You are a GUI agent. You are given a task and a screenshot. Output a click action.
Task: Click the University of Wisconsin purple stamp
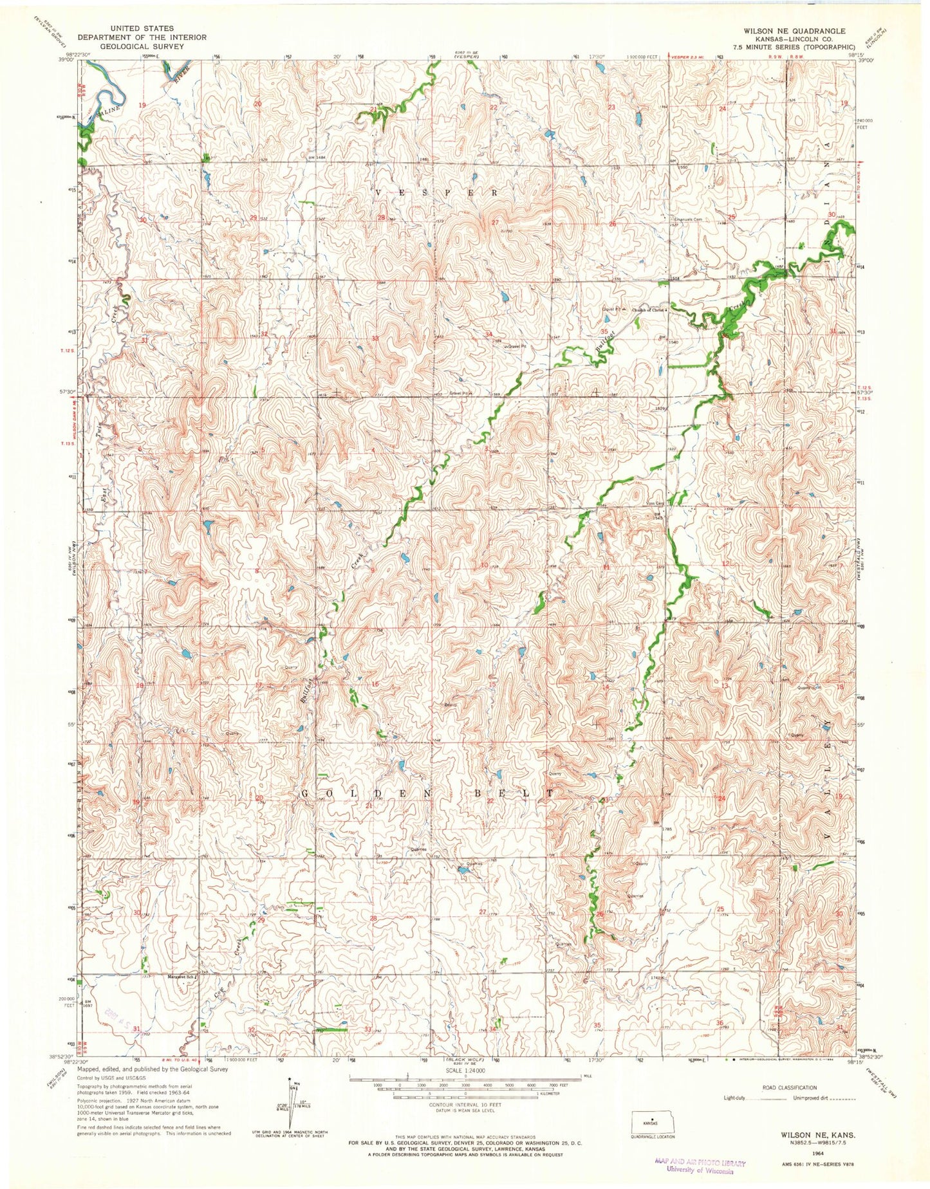pyautogui.click(x=699, y=1165)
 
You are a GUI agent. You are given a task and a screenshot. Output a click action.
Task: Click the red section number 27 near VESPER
pyautogui.click(x=494, y=223)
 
